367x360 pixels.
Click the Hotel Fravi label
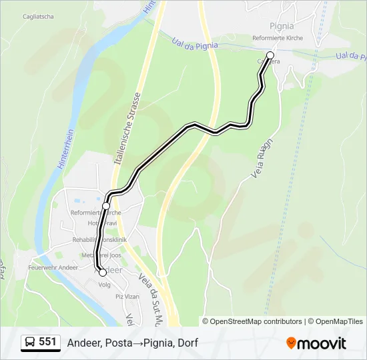coord(102,223)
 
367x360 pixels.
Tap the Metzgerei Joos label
coord(102,254)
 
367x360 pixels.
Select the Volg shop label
coord(104,283)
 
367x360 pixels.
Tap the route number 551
coord(47,343)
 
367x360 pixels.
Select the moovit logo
coord(316,343)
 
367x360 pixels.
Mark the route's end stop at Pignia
coord(270,55)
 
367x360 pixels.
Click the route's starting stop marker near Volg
coord(102,272)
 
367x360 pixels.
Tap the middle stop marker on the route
coord(106,205)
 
